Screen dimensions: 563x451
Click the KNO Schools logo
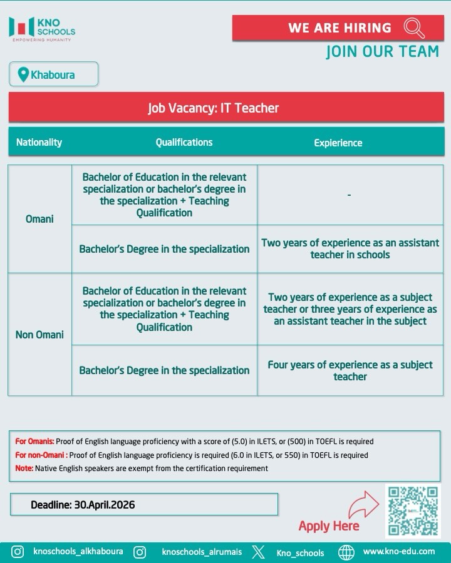click(42, 28)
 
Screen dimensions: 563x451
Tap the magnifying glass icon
click(414, 28)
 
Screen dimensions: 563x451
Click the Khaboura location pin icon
click(23, 74)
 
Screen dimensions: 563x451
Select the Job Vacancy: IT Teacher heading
click(213, 108)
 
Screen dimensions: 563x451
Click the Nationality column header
click(39, 142)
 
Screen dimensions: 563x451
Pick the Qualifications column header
click(184, 142)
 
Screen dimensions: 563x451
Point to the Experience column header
click(338, 143)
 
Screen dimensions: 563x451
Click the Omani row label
click(39, 219)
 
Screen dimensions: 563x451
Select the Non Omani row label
click(39, 335)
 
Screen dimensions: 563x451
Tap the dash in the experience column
click(349, 195)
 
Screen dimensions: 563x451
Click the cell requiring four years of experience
click(350, 370)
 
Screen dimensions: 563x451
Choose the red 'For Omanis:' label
click(34, 442)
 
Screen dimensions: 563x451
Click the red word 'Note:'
click(24, 468)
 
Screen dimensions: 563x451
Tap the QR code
click(412, 511)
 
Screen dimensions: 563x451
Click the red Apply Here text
click(329, 526)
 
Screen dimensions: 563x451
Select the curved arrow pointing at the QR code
click(363, 505)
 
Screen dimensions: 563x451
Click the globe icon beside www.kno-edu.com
click(346, 552)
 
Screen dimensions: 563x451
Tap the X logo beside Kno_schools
click(258, 552)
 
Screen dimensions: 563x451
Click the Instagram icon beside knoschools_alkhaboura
click(18, 552)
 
